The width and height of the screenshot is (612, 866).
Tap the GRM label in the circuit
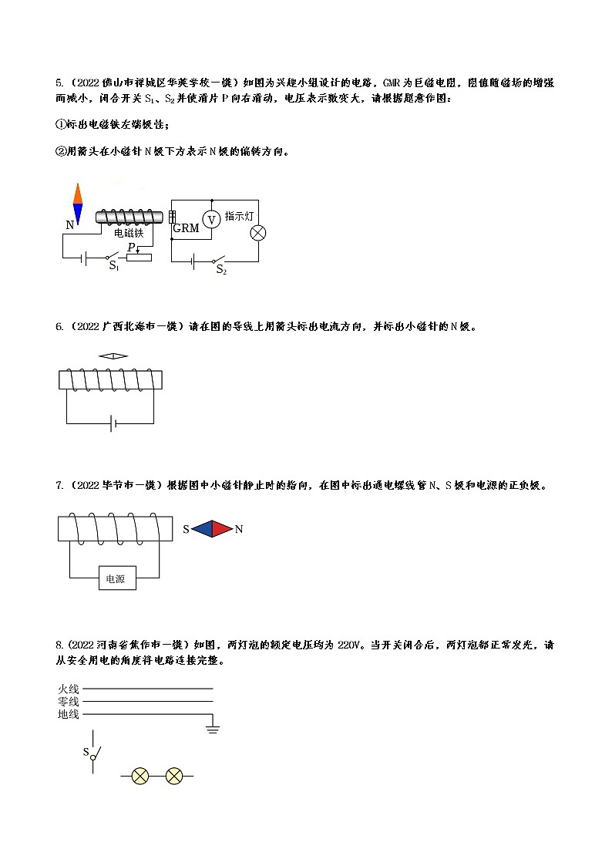tap(186, 228)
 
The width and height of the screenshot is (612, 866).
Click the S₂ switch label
tap(220, 271)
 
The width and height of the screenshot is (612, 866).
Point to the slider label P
tap(131, 247)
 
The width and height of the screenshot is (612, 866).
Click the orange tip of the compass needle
tap(77, 193)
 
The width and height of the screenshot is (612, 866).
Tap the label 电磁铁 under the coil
tap(128, 232)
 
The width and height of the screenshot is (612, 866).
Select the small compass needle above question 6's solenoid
tap(113, 355)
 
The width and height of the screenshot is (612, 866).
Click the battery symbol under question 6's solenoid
tap(113, 423)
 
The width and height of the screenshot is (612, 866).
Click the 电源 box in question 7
tap(117, 578)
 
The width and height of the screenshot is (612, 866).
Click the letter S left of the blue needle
tap(186, 530)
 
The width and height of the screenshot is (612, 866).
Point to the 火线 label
tap(68, 689)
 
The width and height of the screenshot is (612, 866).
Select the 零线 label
tap(68, 702)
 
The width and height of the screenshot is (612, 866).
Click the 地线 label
tap(68, 715)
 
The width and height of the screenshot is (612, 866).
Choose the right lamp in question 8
tap(174, 776)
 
